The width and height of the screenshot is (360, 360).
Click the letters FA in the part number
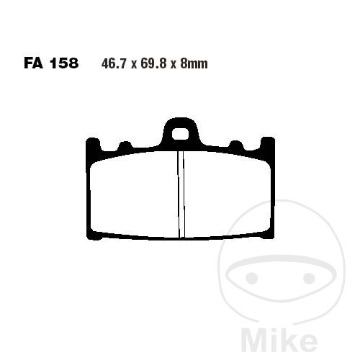33,63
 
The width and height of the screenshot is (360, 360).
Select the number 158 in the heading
64,63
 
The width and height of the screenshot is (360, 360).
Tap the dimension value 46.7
114,64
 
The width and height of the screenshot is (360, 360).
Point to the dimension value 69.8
153,64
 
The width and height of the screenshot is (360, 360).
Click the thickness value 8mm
194,64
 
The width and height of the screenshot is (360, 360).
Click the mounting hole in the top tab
181,134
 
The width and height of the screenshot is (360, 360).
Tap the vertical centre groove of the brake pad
181,194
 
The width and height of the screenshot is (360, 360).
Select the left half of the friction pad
134,195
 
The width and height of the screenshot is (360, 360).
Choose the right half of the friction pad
228,195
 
